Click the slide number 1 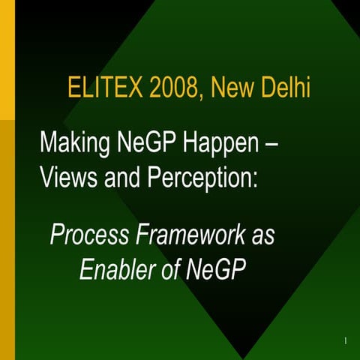(x=344, y=341)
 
